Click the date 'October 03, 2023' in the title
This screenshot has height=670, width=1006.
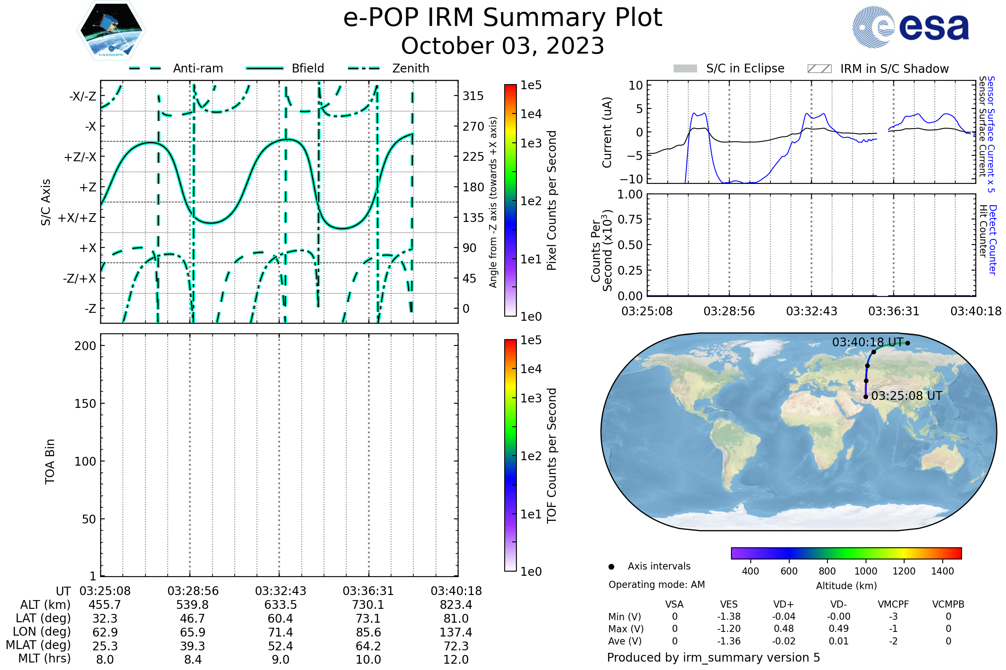(x=503, y=46)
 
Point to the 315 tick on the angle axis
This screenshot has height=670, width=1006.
(x=473, y=96)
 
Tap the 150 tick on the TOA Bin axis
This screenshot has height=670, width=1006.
(x=85, y=404)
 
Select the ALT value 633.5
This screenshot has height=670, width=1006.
(x=280, y=605)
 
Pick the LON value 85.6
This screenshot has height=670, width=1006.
(x=368, y=632)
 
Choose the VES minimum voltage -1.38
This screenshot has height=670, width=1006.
(x=729, y=616)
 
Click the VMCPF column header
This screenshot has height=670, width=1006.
(x=893, y=604)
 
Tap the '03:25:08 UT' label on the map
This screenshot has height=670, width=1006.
(x=906, y=396)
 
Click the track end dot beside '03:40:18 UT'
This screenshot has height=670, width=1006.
(x=907, y=343)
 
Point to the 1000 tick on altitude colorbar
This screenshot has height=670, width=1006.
(x=866, y=571)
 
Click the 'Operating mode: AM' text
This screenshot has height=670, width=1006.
(x=656, y=585)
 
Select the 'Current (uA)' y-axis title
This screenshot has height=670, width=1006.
(x=607, y=132)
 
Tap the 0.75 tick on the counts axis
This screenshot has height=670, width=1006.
(x=630, y=219)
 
